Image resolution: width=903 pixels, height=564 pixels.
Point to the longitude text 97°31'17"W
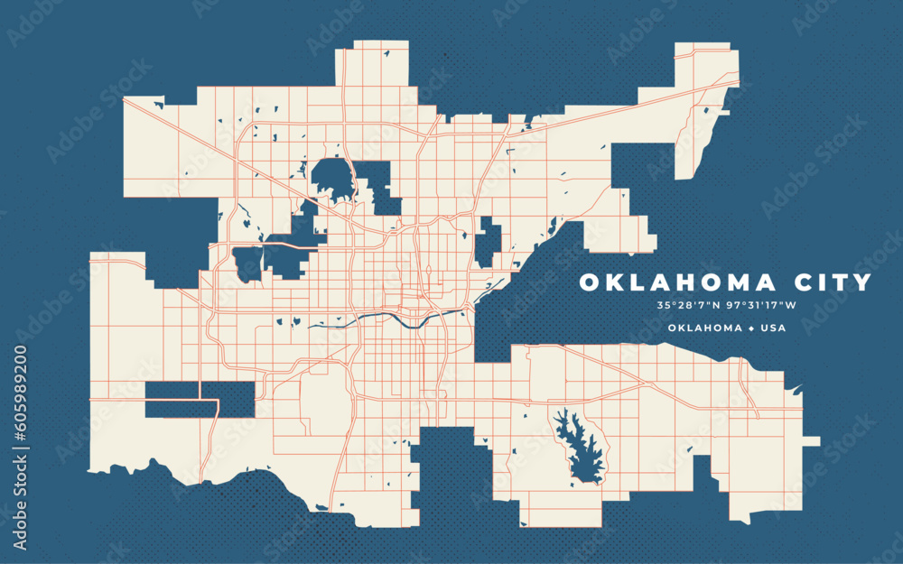756,305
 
